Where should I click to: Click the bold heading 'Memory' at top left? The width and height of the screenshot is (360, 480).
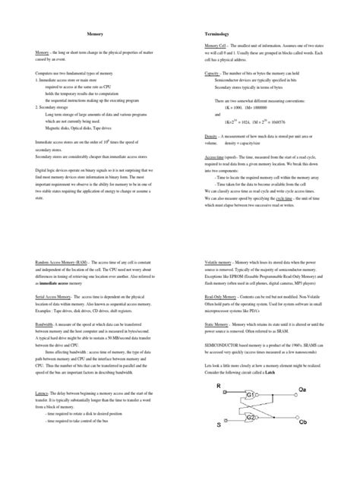95,35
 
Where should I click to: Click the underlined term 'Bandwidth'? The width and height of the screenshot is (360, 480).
48,322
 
